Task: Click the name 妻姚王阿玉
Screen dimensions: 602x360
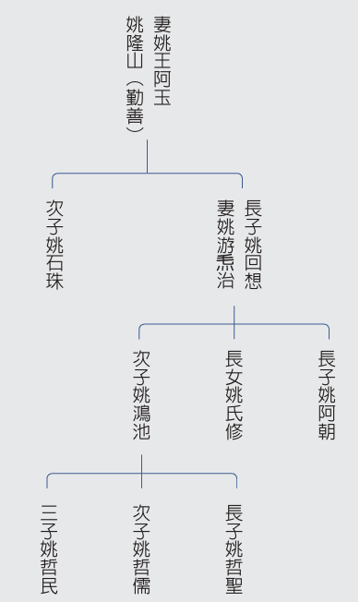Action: pyautogui.click(x=162, y=60)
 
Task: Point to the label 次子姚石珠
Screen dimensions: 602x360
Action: pyautogui.click(x=55, y=243)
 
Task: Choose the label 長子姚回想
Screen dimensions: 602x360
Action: pyautogui.click(x=252, y=243)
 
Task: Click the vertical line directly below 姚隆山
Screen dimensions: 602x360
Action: pyautogui.click(x=147, y=155)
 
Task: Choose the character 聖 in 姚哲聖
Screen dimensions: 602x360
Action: pyautogui.click(x=234, y=584)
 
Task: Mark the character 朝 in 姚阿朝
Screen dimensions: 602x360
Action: pyautogui.click(x=327, y=431)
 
